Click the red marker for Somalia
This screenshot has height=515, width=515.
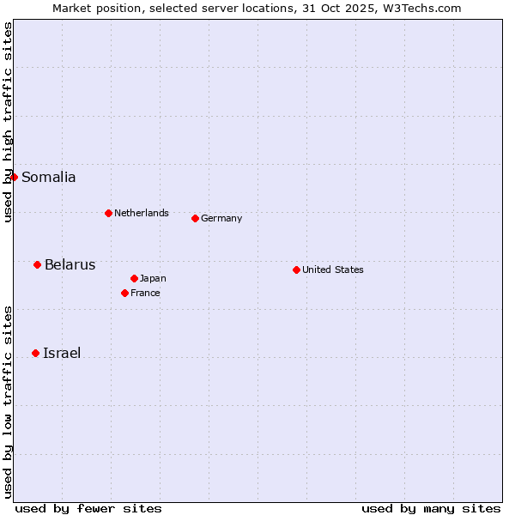coord(14,177)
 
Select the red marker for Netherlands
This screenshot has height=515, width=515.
coord(108,213)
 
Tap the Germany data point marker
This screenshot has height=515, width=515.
coord(195,218)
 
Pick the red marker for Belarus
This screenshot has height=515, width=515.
coord(37,264)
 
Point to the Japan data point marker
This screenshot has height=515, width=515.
coord(134,278)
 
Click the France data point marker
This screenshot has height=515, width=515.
coord(124,293)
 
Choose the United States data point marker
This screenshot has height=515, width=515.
coord(296,270)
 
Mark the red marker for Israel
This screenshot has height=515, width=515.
coord(35,353)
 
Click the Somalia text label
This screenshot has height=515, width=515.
coord(48,178)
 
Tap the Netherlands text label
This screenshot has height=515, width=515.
coord(141,213)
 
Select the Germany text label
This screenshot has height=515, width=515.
coord(221,218)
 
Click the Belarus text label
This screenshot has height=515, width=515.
coord(70,264)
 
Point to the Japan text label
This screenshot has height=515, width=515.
coord(153,278)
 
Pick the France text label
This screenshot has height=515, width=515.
coord(145,293)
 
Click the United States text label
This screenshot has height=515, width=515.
coord(332,270)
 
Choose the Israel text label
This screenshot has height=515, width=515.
coord(62,353)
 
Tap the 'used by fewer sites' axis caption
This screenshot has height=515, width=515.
coord(88,508)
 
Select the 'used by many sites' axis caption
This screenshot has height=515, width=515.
coord(431,508)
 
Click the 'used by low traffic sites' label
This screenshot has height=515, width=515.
coord(8,401)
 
